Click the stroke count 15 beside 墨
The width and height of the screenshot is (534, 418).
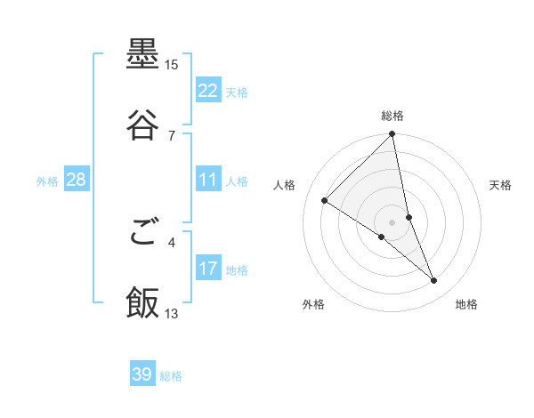[x=172, y=65]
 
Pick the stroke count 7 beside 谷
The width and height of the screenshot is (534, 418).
[x=172, y=134]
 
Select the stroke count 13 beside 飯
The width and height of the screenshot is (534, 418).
[x=172, y=312]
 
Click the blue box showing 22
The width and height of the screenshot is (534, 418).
[x=208, y=91]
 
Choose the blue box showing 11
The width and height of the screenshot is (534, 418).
[x=208, y=181]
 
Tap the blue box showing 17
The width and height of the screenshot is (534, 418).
[x=208, y=269]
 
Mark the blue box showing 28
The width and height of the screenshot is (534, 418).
[x=76, y=181]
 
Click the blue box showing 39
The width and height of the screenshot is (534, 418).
[x=142, y=374]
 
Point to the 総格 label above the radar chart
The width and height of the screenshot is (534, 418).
[x=392, y=116]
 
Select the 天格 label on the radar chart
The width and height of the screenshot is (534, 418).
[x=500, y=185]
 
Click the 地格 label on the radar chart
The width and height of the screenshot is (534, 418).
[x=466, y=304]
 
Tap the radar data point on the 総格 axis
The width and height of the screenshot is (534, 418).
[x=392, y=135]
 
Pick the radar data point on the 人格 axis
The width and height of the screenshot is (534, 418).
[x=325, y=201]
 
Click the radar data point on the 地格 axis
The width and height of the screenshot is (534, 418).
[x=434, y=281]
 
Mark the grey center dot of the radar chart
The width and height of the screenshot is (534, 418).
[x=392, y=222]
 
